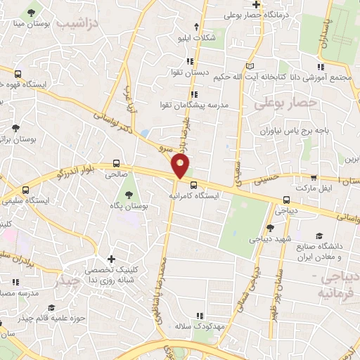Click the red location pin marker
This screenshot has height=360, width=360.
coord(181,167)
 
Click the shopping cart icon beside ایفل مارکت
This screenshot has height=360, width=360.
coord(314,178)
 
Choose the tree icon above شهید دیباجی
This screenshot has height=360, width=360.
coord(270,228)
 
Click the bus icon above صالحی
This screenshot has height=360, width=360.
coord(117,162)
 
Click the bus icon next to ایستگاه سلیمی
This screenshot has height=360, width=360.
coord(26,190)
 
